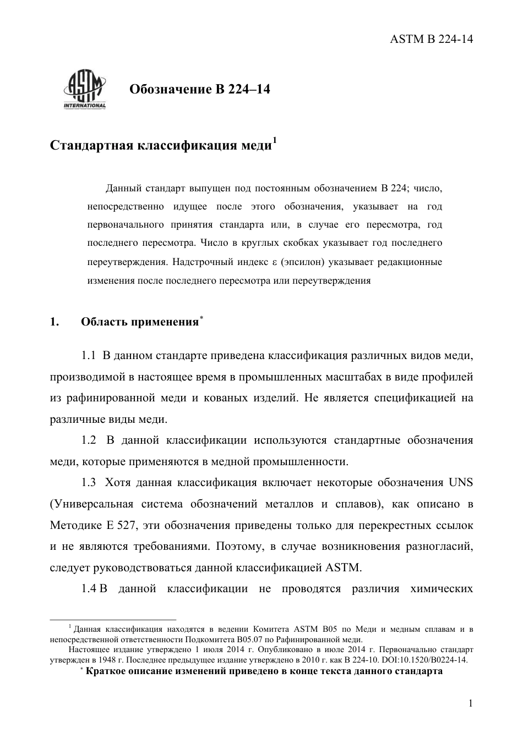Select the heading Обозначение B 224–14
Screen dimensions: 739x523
(199, 89)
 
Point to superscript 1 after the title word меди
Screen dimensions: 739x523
(275, 141)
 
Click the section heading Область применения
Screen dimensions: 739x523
(139, 322)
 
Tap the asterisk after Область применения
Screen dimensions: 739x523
(201, 318)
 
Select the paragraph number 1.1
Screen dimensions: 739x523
(89, 356)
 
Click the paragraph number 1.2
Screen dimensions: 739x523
(89, 440)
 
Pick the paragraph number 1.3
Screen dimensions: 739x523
(89, 483)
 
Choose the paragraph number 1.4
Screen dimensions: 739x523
(89, 589)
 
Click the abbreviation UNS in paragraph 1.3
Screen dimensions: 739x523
(461, 483)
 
